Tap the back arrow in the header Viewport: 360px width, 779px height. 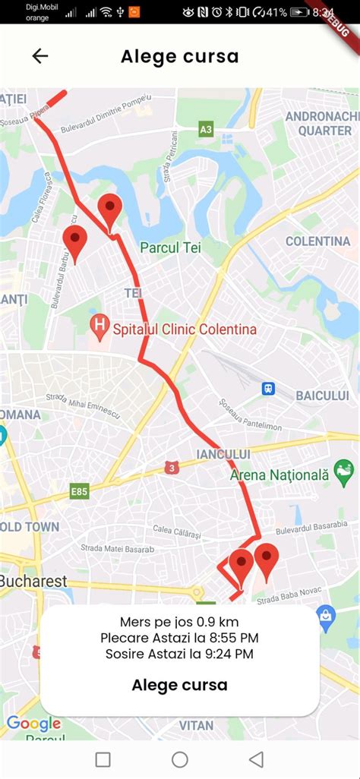[39, 56]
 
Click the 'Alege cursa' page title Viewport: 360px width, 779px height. [179, 56]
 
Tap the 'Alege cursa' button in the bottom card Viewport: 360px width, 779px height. [179, 685]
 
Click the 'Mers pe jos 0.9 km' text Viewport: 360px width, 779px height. [179, 622]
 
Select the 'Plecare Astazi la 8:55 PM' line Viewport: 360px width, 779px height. [179, 638]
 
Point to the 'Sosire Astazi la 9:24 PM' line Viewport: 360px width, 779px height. [179, 654]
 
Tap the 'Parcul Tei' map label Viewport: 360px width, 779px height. [170, 247]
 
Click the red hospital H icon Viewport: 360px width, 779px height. [99, 328]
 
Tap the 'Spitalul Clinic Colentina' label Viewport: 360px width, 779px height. [185, 330]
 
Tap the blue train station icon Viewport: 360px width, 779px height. [268, 389]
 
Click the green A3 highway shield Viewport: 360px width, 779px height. [206, 130]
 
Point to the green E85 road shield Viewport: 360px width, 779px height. [80, 491]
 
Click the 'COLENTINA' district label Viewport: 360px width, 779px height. [317, 241]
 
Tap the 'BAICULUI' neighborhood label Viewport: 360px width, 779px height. [321, 396]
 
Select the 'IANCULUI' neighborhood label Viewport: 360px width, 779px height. [223, 453]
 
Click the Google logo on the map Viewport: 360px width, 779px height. [33, 724]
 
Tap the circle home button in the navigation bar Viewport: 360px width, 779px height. [180, 759]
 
